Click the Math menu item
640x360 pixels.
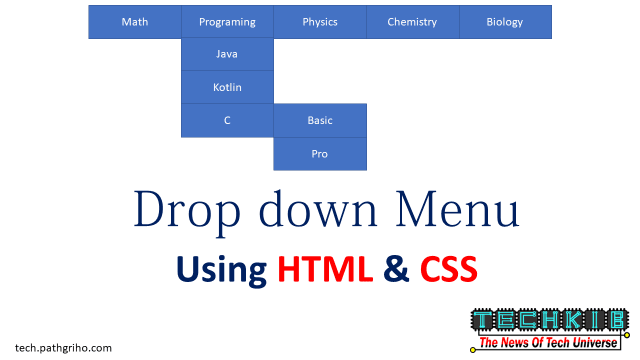click(134, 22)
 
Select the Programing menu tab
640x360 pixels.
click(227, 22)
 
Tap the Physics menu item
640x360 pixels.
click(320, 22)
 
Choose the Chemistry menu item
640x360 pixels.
click(412, 22)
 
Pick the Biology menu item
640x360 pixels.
click(504, 22)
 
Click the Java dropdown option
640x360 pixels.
click(227, 54)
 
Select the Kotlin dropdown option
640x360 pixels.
click(227, 87)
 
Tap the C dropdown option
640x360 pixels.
click(227, 120)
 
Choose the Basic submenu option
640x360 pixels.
click(320, 120)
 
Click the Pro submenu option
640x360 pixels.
click(320, 154)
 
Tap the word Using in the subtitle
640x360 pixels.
click(221, 269)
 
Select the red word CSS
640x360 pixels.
click(448, 268)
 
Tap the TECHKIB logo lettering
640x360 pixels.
click(549, 320)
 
